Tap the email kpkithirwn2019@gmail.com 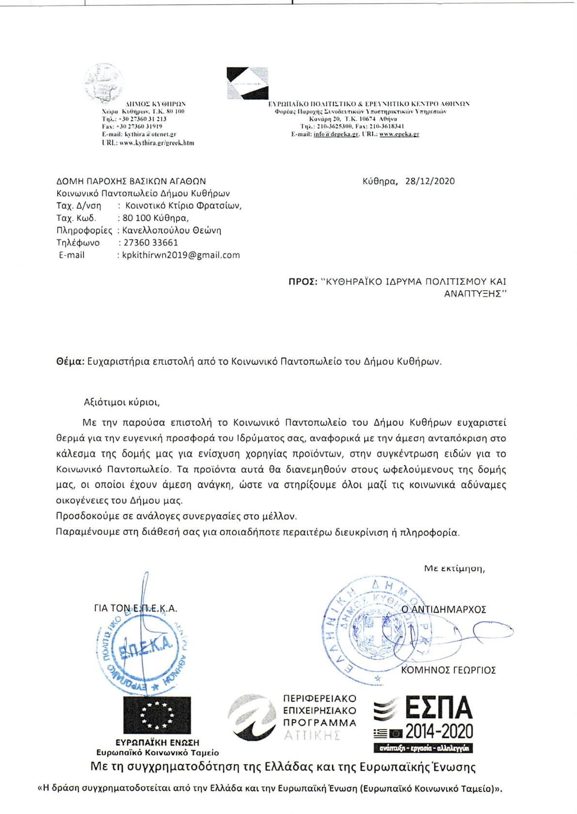click(181, 255)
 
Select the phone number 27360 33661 click(150, 243)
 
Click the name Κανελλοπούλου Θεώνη click(172, 231)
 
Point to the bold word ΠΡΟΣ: click(303, 282)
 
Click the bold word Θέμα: click(70, 361)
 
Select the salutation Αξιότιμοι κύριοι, click(121, 402)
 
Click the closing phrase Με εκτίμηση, click(454, 568)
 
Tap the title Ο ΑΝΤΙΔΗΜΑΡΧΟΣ click(443, 610)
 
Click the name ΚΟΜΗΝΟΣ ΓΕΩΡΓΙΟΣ click(448, 670)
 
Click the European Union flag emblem click(157, 715)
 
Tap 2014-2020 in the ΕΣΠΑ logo click(439, 731)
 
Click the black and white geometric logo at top click(247, 83)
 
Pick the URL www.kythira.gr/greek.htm click(148, 143)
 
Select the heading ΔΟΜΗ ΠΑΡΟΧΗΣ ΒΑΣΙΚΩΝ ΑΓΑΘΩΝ click(131, 181)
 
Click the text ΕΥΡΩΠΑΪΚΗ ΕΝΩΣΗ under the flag click(157, 742)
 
